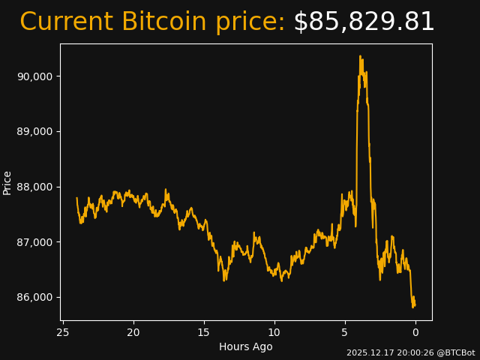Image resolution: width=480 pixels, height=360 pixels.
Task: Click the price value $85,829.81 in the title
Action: coord(364,22)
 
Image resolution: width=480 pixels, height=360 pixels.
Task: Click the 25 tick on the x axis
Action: coord(63,332)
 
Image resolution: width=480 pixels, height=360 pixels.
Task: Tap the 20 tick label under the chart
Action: coord(133,332)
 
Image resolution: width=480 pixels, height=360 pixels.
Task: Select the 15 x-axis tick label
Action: coord(203,332)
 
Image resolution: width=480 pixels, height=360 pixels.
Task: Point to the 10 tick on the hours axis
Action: coord(274,332)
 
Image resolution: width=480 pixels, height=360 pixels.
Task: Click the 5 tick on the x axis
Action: coord(345,332)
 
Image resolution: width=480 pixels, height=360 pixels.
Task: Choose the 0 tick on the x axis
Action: coord(415,332)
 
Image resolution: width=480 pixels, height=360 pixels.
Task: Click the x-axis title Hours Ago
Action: coord(246,346)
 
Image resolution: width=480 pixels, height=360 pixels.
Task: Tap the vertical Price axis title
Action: coord(7,182)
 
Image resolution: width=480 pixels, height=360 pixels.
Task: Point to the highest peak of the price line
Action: coord(360,56)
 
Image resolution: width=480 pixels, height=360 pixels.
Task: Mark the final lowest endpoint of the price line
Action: coord(413,306)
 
